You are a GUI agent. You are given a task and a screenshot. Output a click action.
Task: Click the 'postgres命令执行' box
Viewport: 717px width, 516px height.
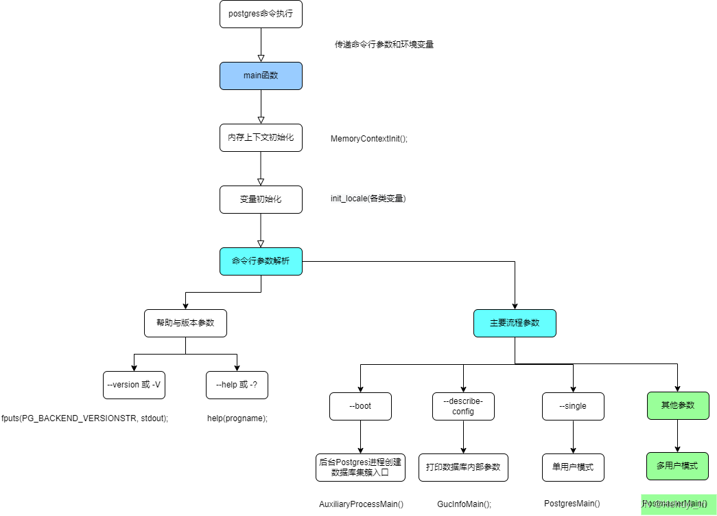261,14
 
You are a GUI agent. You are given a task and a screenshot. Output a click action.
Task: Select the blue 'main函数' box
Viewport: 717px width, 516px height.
261,76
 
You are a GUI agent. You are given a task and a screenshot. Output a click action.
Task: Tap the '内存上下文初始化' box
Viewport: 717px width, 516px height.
261,137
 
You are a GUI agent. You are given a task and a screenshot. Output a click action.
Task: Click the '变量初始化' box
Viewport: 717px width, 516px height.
261,199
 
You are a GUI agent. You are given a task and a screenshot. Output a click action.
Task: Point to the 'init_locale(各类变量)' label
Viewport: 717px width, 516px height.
368,199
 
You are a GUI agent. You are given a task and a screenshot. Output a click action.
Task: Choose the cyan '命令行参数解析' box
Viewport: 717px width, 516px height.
261,261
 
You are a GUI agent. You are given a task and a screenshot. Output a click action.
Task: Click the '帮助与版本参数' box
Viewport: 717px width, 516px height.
185,323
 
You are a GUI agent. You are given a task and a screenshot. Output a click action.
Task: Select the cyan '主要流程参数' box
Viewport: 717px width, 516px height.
515,323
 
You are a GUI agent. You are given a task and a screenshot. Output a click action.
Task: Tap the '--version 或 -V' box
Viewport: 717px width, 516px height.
134,385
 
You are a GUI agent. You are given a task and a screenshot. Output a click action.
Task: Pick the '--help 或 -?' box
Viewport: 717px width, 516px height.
237,385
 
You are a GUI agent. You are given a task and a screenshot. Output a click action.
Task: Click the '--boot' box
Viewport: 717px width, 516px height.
360,406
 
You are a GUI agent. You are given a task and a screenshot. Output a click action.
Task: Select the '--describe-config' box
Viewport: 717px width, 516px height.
463,406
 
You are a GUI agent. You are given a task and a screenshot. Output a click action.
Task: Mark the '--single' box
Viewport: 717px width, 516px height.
573,406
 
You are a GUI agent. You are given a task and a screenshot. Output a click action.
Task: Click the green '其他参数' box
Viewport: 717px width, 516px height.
678,405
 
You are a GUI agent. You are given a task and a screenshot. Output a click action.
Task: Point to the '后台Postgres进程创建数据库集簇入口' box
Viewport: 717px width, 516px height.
360,467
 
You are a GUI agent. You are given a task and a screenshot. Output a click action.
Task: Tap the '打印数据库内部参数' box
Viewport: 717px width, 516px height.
463,467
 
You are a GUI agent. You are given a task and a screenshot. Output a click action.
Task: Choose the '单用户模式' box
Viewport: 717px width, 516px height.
573,467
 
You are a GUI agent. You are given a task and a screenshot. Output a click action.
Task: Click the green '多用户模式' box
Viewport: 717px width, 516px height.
677,466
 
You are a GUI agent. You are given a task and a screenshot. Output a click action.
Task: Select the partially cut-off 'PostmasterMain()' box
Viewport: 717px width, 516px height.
679,505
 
